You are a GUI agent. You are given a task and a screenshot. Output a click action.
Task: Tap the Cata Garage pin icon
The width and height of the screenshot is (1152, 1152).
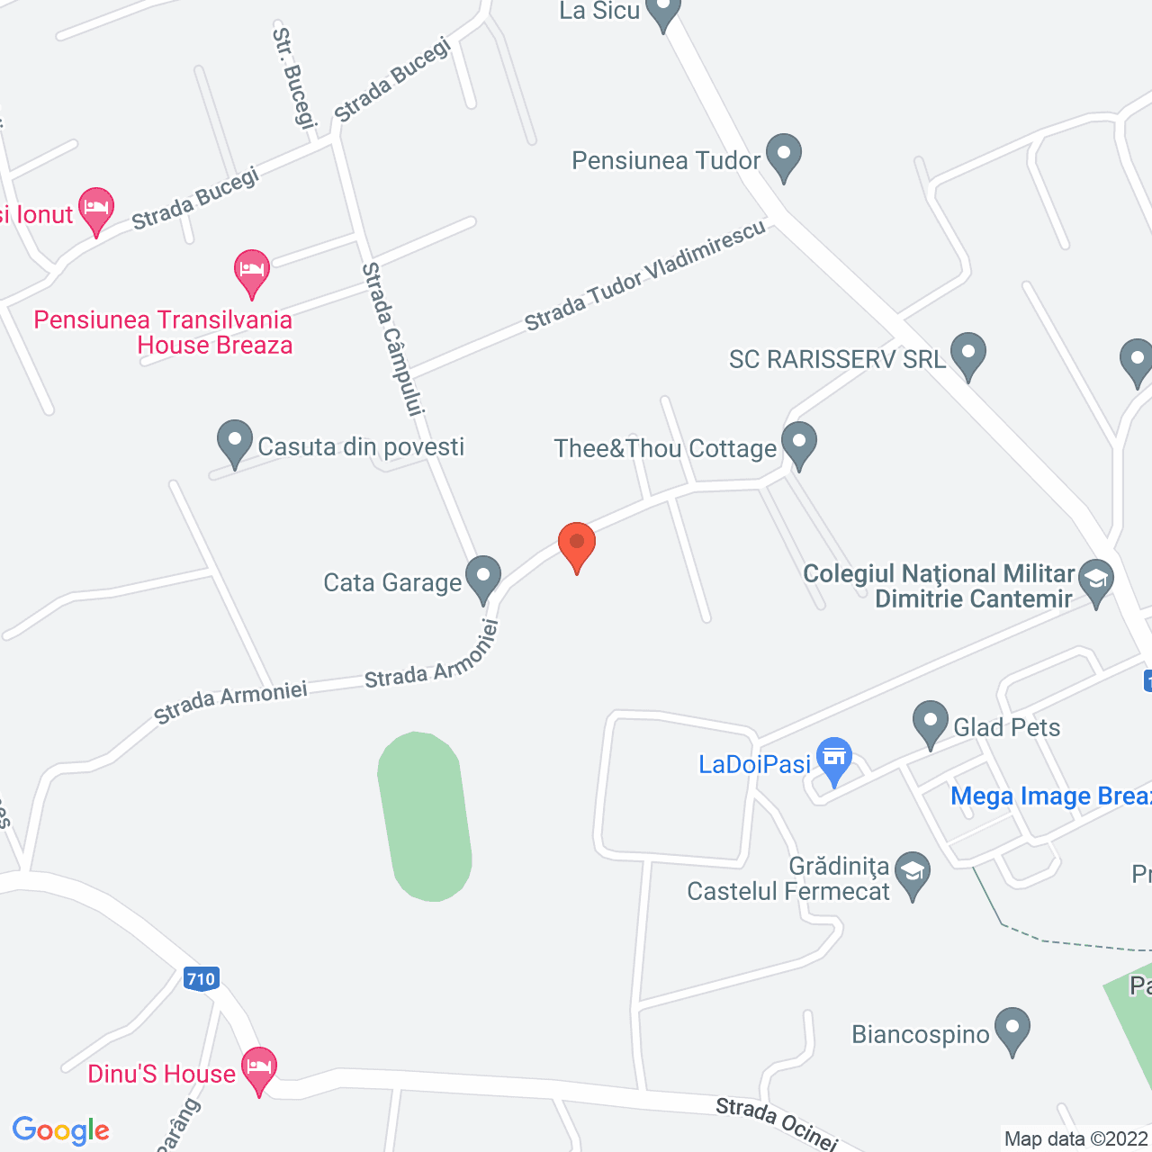coord(483,577)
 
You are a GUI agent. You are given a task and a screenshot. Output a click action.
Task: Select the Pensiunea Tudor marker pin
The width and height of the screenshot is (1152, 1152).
coord(784,156)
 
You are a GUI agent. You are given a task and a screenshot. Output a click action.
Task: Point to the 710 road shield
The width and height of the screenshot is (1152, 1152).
coord(201,979)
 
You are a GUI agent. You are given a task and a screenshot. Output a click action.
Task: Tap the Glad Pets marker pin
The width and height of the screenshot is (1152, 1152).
coord(931,723)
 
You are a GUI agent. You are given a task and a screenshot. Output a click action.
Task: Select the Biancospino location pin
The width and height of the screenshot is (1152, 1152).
coord(1012,1029)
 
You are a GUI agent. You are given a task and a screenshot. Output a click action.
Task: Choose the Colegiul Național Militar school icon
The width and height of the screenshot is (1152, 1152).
coord(1096,580)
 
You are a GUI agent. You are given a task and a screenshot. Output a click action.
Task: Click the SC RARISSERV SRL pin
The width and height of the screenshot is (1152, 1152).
coord(968,354)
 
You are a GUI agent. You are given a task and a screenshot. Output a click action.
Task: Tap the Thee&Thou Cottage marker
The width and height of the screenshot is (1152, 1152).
coord(798,444)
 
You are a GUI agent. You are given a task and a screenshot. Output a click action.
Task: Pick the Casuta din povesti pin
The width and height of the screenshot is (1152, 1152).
coord(235,442)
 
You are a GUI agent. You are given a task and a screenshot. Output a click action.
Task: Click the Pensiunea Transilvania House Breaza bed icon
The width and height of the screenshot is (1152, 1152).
coord(252,271)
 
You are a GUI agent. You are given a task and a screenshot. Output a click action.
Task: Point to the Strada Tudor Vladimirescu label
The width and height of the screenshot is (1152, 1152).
coord(645,275)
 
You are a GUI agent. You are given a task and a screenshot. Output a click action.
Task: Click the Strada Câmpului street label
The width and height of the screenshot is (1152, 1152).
coord(392,339)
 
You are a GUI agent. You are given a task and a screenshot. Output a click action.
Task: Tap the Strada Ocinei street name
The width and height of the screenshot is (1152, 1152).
coord(777,1123)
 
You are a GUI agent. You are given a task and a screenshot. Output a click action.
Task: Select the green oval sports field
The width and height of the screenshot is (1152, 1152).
coord(425,816)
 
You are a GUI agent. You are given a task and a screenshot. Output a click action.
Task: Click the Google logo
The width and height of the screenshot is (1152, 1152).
coord(61,1130)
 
